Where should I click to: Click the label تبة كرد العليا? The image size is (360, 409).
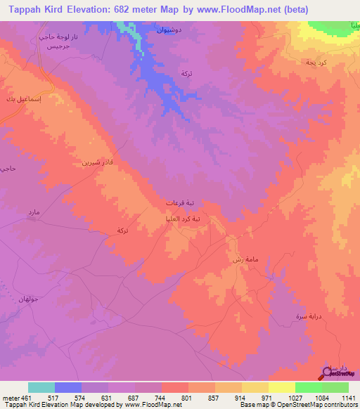[x=183, y=219]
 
